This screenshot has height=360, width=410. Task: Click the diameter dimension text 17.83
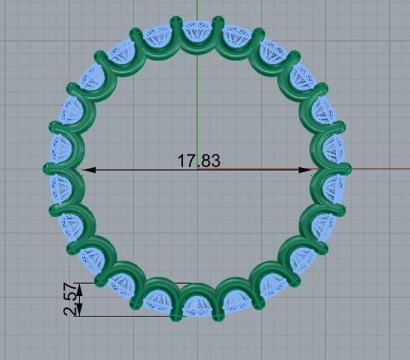(199, 161)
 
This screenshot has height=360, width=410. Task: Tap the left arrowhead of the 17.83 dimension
(90, 170)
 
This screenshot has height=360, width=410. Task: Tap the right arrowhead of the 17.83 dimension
(307, 170)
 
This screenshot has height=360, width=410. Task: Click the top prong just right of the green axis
(219, 22)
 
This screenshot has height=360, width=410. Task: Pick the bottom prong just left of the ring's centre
(175, 313)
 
